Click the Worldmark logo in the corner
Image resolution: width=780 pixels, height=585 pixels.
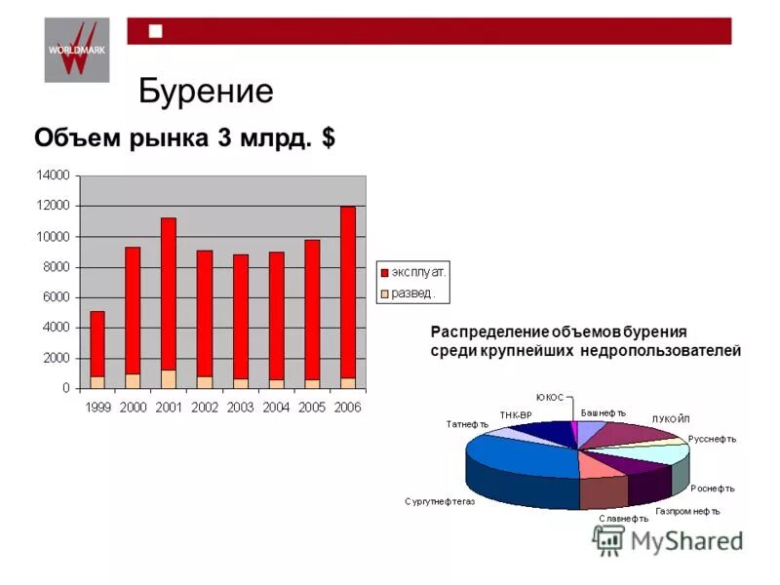[x=77, y=50]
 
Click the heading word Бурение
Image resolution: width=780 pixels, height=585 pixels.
[x=206, y=91]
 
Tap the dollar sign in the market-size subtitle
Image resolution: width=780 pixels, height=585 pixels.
[x=329, y=137]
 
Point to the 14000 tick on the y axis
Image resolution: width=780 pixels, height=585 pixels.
[x=55, y=175]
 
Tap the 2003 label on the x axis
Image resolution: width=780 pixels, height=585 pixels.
[x=240, y=408]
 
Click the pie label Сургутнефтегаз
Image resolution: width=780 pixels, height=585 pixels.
[x=440, y=501]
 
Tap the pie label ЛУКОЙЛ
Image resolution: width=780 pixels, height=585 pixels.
[x=670, y=419]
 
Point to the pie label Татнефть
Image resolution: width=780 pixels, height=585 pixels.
[x=467, y=424]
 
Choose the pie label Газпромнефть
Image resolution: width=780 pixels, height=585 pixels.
[x=687, y=510]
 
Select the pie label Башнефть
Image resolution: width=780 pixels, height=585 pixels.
[x=604, y=412]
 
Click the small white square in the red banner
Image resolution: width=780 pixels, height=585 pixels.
[x=155, y=31]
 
